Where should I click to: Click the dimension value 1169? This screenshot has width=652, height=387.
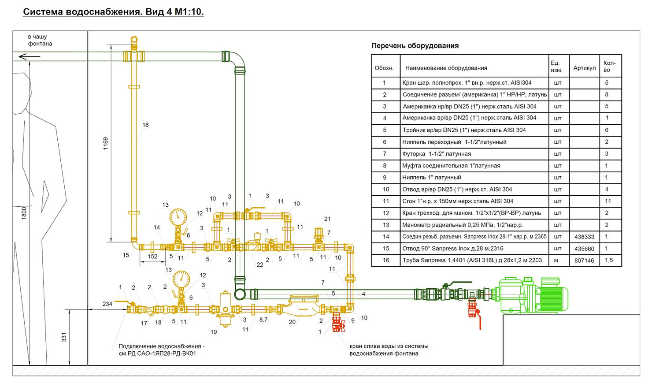[106, 144]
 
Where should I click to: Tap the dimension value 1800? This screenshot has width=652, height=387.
[24, 213]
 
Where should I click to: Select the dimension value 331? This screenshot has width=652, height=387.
[64, 337]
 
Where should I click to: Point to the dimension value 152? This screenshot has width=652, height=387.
[152, 257]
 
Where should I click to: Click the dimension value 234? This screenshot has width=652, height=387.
[107, 304]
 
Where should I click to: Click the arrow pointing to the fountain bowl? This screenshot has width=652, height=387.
[30, 56]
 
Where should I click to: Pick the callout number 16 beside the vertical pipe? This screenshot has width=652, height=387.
[145, 125]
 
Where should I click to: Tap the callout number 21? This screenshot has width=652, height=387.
[327, 219]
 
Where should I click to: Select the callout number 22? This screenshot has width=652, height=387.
[260, 264]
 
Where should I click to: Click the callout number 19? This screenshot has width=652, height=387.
[214, 332]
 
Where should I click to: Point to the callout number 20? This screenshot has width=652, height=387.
[292, 322]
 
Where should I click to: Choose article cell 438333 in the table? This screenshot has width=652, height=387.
[584, 237]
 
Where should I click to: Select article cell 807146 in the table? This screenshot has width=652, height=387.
[584, 260]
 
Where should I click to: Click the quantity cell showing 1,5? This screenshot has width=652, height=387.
[608, 260]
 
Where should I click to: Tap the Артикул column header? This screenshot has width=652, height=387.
[584, 68]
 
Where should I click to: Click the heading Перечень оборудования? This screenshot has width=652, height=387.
[415, 46]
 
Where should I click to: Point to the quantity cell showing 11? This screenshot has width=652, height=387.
[608, 201]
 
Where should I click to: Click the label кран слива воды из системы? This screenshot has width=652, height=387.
[389, 346]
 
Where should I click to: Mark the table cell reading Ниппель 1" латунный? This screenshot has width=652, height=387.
[431, 177]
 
